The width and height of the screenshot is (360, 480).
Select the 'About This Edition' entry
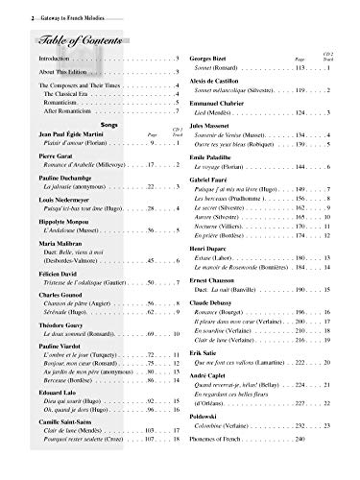tap(59, 76)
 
